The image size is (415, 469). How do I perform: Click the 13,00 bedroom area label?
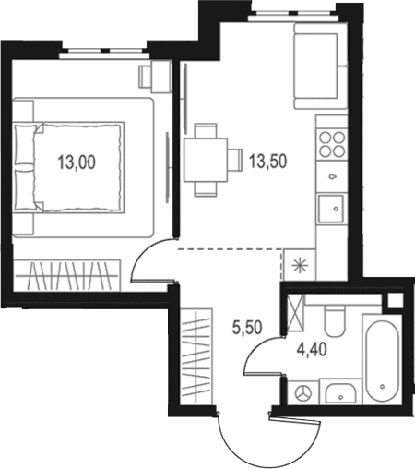(77, 162)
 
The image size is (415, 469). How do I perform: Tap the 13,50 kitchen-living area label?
(268, 161)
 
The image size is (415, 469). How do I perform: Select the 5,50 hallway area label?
(247, 327)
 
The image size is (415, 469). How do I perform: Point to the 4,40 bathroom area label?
(312, 350)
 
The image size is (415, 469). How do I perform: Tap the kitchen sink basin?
(330, 209)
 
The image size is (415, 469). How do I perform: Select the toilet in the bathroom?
(334, 321)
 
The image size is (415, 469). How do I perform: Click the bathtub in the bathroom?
(383, 359)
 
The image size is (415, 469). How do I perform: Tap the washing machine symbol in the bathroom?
(303, 393)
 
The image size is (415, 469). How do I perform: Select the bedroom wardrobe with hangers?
(66, 275)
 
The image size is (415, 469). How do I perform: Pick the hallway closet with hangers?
(196, 356)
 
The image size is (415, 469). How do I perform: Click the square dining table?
(206, 160)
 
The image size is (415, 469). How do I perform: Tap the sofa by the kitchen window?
(321, 66)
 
